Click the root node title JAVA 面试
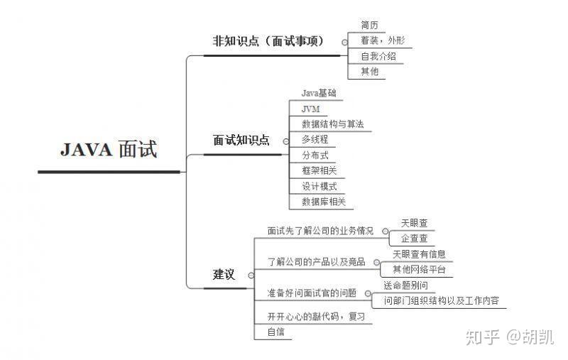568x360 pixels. click(109, 151)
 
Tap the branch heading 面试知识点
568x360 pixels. click(241, 141)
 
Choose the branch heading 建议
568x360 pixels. click(224, 275)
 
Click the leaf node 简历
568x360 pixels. click(369, 26)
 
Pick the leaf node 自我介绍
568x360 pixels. click(378, 56)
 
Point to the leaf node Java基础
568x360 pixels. click(319, 93)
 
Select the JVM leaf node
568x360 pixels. click(310, 109)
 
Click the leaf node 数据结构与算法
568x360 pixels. click(332, 124)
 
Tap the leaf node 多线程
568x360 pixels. click(315, 140)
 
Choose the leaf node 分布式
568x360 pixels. click(315, 156)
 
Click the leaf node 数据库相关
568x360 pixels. click(323, 202)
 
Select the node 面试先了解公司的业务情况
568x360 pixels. click(320, 231)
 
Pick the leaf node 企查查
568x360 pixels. click(414, 239)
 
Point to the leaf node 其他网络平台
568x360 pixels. click(419, 270)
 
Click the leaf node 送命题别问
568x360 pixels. click(405, 285)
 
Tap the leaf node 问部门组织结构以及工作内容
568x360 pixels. click(440, 301)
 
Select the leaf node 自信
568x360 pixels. click(275, 332)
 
